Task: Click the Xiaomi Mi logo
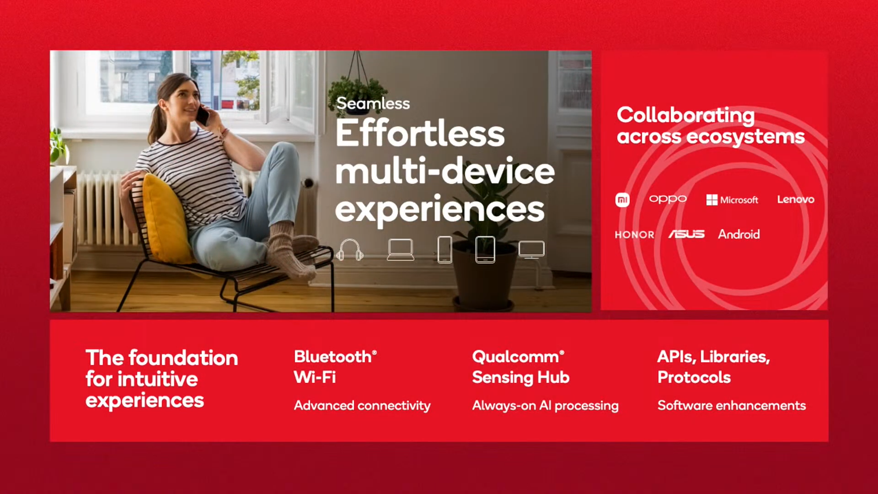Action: pos(622,200)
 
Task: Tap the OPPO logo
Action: pos(668,199)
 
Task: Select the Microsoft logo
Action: pos(732,200)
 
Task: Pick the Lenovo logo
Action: pos(796,199)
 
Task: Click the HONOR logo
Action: pos(634,235)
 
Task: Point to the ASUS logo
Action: pos(686,234)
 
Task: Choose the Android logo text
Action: pos(739,234)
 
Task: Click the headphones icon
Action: pos(350,250)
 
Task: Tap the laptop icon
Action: pos(401,250)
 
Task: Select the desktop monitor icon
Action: pos(531,250)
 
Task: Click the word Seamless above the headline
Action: pos(373,103)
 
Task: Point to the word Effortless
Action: pos(420,133)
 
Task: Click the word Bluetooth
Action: pos(333,357)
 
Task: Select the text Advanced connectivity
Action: pos(362,406)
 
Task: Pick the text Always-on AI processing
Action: pos(546,406)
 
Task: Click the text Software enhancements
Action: pos(732,405)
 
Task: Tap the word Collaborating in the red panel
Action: pos(685,115)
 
